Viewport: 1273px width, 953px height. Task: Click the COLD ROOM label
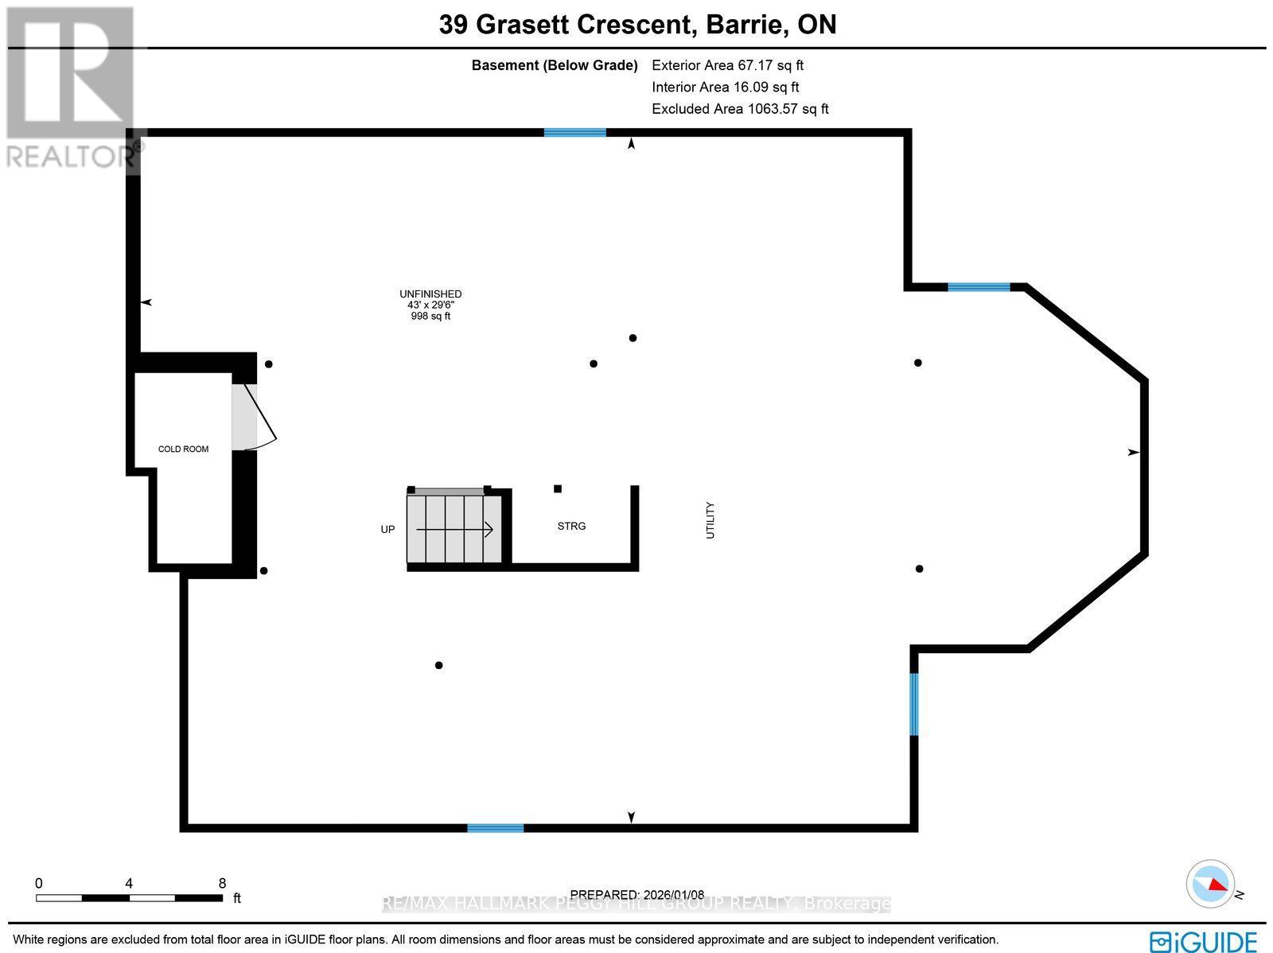[x=183, y=449]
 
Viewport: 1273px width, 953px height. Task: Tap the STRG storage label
[x=571, y=527]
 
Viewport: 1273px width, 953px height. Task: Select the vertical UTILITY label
[x=710, y=520]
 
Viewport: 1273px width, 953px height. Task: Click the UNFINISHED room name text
[x=430, y=294]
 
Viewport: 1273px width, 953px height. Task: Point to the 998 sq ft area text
[x=430, y=317]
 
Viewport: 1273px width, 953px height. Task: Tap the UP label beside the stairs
[x=387, y=530]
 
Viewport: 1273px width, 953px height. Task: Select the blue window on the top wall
[x=574, y=133]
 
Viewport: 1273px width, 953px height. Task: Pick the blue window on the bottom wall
[x=495, y=828]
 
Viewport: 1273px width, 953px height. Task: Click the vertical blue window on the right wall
[x=914, y=704]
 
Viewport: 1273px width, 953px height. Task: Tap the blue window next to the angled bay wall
[x=979, y=287]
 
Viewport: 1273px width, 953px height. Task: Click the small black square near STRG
[x=558, y=488]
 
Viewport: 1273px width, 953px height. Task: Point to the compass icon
[x=1210, y=884]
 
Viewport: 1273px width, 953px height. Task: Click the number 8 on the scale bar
[x=222, y=883]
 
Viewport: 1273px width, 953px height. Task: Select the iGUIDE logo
[x=1204, y=942]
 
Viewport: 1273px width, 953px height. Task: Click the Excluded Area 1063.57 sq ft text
[x=740, y=109]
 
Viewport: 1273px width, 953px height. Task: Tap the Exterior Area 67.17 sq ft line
[x=727, y=65]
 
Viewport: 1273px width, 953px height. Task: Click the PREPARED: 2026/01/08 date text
[x=637, y=895]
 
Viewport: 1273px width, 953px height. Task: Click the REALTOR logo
[x=70, y=88]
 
